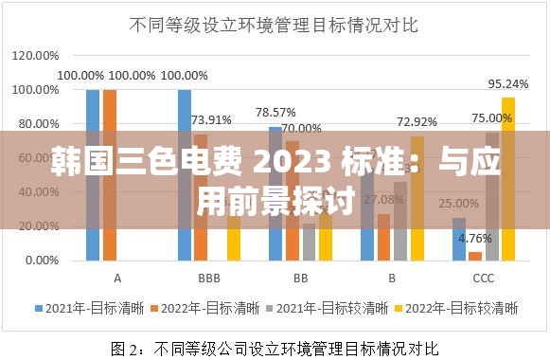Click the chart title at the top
275,26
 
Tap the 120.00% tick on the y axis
34,55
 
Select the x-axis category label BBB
209,279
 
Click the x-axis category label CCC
483,279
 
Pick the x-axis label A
117,279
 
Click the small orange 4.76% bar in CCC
474,256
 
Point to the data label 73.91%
211,119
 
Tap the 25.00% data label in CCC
459,203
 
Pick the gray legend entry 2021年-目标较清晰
335,308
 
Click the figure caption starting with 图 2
275,346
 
